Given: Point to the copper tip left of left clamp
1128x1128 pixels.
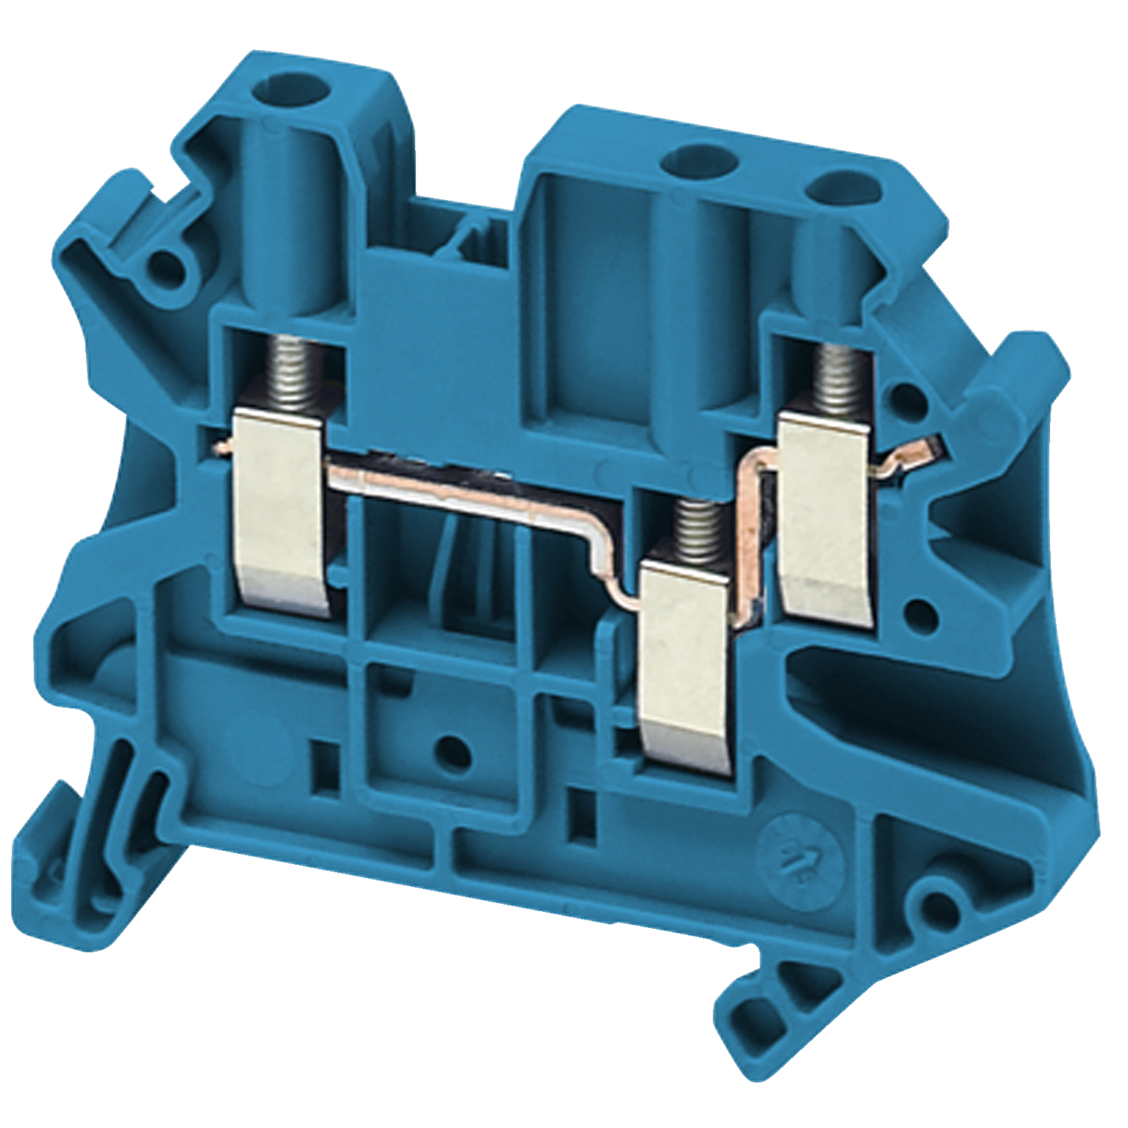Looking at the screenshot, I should point(223,448).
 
